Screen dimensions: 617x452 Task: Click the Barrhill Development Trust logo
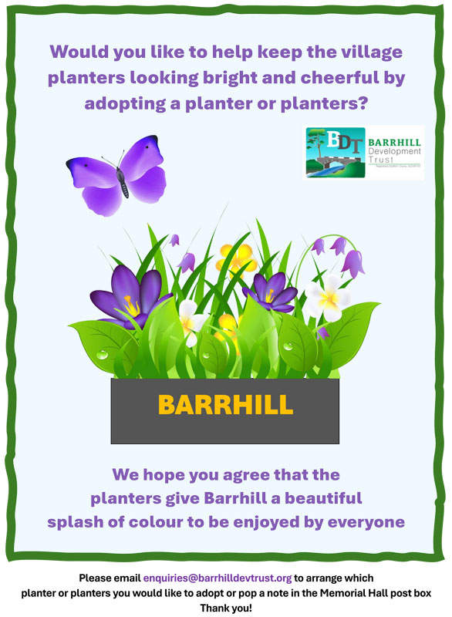tap(364, 153)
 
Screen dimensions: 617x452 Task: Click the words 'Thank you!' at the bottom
tap(226, 608)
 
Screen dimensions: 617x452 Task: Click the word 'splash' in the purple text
tap(74, 522)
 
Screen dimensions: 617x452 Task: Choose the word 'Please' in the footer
tap(96, 578)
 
